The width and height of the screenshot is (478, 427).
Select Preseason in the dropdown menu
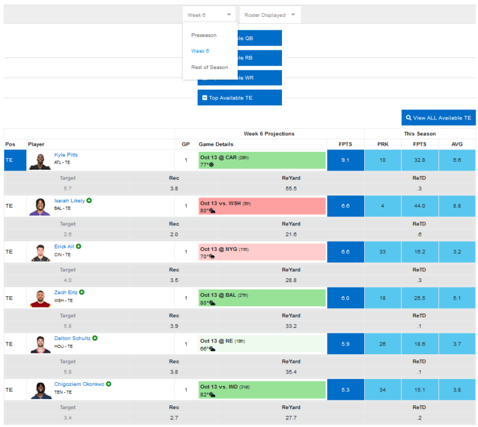click(204, 35)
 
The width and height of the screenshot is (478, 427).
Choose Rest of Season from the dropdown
click(209, 67)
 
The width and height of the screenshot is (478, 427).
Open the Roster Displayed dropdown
click(269, 15)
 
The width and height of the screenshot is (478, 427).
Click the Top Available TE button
click(240, 98)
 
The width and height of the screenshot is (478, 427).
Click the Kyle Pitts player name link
click(66, 155)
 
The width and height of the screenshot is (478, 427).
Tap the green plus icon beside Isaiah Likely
click(89, 200)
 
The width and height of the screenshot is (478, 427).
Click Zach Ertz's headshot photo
click(40, 298)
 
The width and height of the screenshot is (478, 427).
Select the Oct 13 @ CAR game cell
click(262, 161)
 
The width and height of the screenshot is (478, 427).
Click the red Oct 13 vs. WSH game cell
click(262, 207)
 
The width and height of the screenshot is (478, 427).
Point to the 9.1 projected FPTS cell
click(345, 160)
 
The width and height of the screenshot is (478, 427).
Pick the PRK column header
click(382, 144)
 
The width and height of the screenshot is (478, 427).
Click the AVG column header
click(456, 144)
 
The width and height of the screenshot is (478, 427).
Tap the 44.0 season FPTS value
click(419, 206)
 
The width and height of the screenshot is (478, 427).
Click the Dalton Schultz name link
click(72, 338)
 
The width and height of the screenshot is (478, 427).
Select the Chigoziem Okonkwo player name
click(79, 384)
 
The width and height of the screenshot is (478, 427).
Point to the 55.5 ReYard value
click(291, 188)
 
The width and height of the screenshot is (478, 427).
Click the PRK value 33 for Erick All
click(382, 252)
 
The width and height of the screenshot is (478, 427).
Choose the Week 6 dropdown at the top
click(209, 15)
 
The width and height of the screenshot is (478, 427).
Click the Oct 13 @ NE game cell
click(262, 344)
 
